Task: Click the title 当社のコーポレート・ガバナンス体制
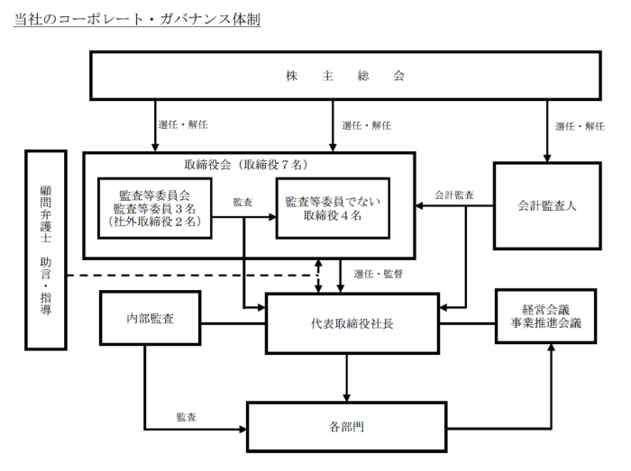click(137, 19)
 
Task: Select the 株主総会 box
click(346, 76)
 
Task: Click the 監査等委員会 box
click(154, 207)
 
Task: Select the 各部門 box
click(346, 424)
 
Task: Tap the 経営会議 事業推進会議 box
click(547, 315)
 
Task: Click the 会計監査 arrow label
click(454, 195)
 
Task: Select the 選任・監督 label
click(379, 273)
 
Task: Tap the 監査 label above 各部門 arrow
click(187, 417)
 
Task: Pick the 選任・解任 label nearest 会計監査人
click(580, 126)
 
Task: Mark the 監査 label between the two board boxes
click(242, 201)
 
